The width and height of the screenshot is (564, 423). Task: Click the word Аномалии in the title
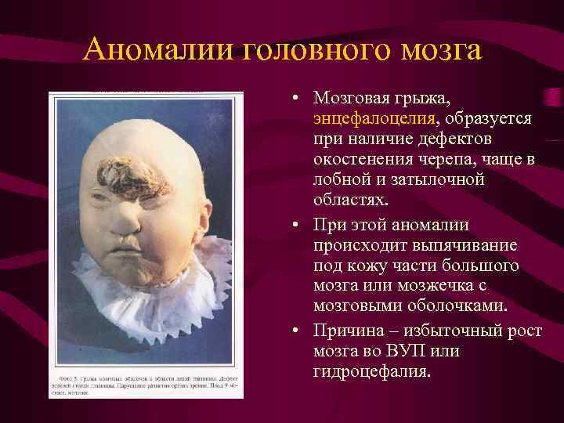(x=156, y=51)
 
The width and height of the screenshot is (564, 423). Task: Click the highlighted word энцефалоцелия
(x=374, y=119)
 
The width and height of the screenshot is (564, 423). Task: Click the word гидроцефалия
(x=371, y=371)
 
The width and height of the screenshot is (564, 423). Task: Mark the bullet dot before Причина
(x=291, y=331)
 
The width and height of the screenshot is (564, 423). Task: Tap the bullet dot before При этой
(x=291, y=226)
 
